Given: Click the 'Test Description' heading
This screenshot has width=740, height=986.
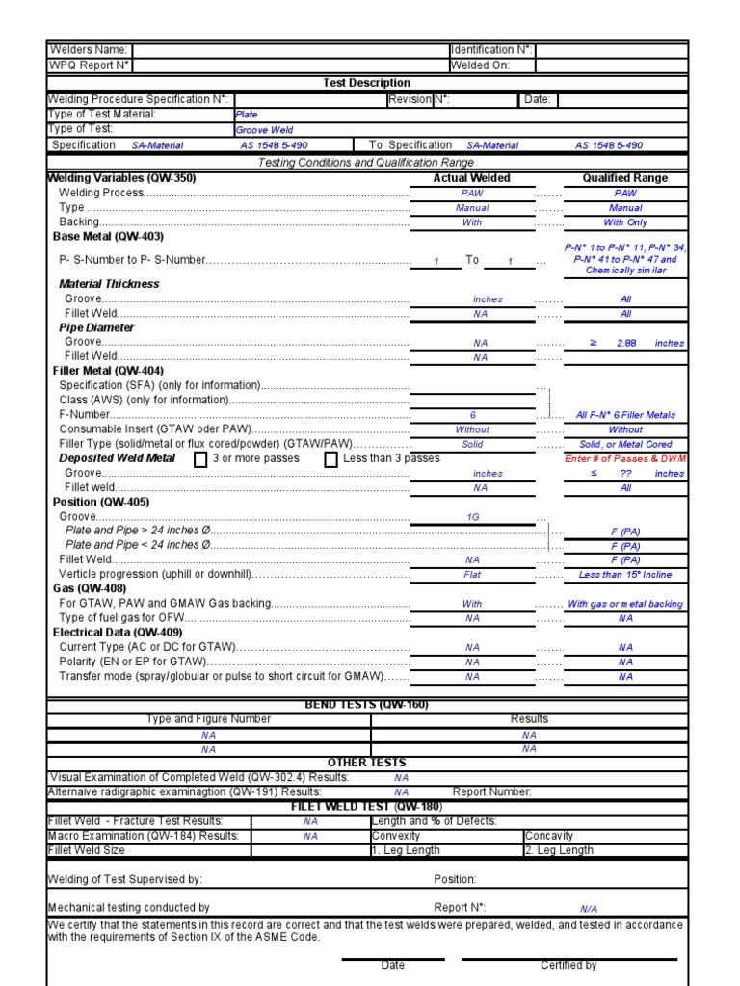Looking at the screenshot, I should click(366, 83).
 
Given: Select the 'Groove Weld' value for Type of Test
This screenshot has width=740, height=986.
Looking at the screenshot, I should click(265, 130).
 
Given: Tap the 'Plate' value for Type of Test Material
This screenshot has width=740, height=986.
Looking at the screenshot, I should click(247, 115).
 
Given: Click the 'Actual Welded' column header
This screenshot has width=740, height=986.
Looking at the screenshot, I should click(472, 178).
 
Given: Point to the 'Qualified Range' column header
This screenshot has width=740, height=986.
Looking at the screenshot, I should click(624, 178).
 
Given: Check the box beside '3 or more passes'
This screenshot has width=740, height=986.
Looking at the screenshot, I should click(200, 459).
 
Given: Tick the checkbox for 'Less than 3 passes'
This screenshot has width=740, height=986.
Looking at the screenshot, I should click(330, 459).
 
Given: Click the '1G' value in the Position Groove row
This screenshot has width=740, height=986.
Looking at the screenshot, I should click(472, 517).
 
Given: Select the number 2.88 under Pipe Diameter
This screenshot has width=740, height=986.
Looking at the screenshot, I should click(627, 343).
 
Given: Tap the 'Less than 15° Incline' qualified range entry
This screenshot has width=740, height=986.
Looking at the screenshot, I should click(625, 575).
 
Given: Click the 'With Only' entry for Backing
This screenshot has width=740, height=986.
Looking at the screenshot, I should click(625, 222).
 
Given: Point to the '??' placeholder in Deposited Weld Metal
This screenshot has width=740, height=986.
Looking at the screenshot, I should click(626, 474).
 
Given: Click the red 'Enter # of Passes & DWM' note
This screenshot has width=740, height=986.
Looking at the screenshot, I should click(625, 459).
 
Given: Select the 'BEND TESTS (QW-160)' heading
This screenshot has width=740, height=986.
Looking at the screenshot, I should click(366, 705).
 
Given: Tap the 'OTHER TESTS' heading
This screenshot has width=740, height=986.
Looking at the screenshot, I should click(366, 763).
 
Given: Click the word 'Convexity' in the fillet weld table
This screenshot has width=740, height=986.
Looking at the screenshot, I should click(396, 836).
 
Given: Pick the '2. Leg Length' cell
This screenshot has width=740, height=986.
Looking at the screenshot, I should click(559, 850).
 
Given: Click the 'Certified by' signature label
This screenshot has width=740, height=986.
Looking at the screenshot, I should click(568, 965).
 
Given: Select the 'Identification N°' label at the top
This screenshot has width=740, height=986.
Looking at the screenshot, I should click(491, 50).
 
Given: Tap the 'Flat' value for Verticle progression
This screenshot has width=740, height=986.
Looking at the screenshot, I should click(472, 575).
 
